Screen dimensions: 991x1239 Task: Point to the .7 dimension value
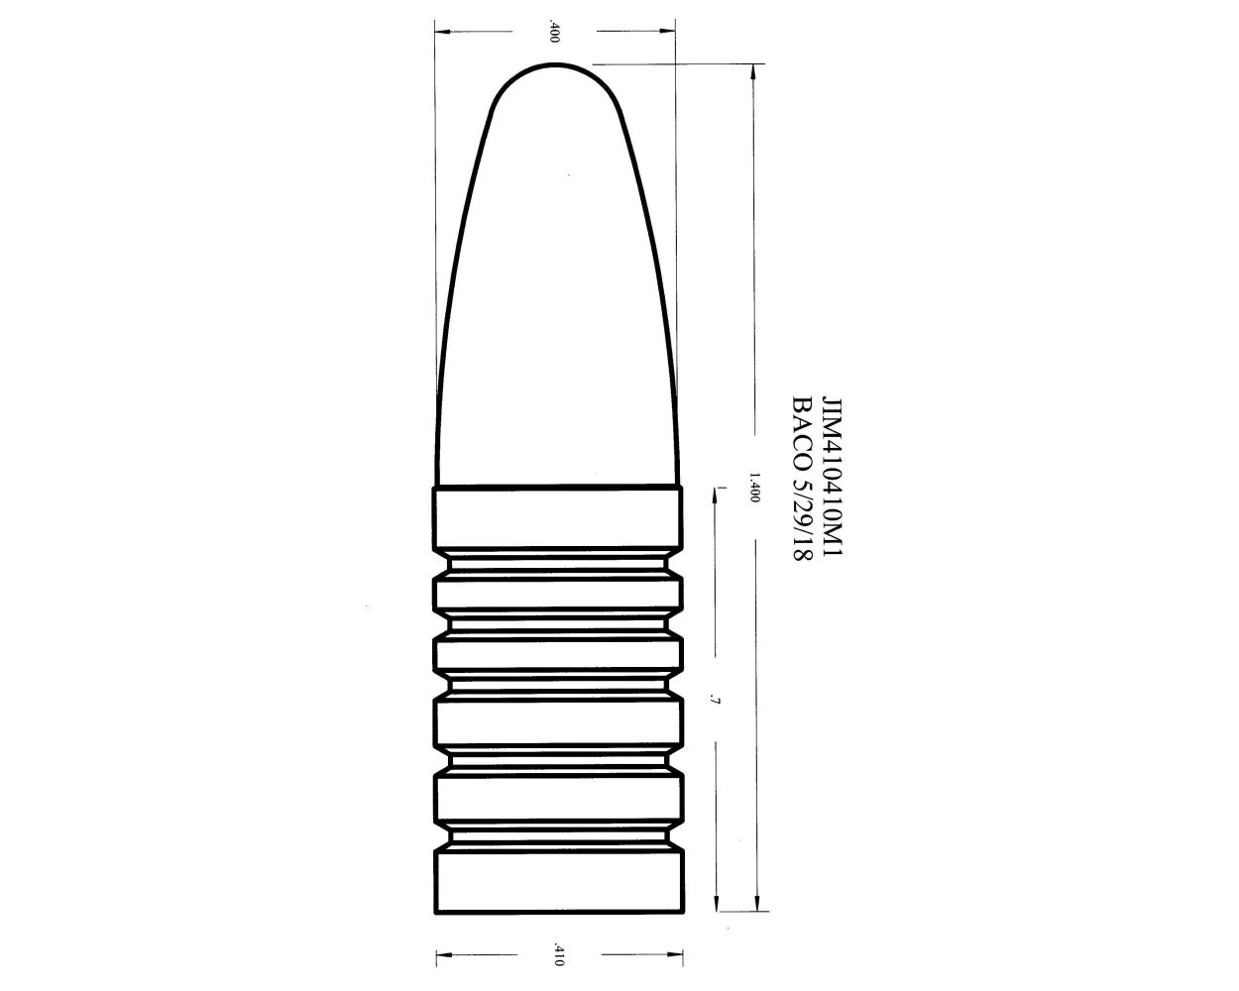(715, 702)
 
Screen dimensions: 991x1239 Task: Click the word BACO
(801, 432)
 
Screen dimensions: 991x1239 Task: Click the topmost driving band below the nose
(557, 518)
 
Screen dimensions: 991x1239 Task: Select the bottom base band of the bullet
(559, 881)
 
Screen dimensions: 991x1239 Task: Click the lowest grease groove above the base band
(559, 837)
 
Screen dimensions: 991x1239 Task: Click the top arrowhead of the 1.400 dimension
(756, 74)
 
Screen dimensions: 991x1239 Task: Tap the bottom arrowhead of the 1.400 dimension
(756, 903)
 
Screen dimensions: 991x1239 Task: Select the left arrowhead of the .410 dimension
(443, 956)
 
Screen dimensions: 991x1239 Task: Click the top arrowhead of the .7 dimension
(716, 495)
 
